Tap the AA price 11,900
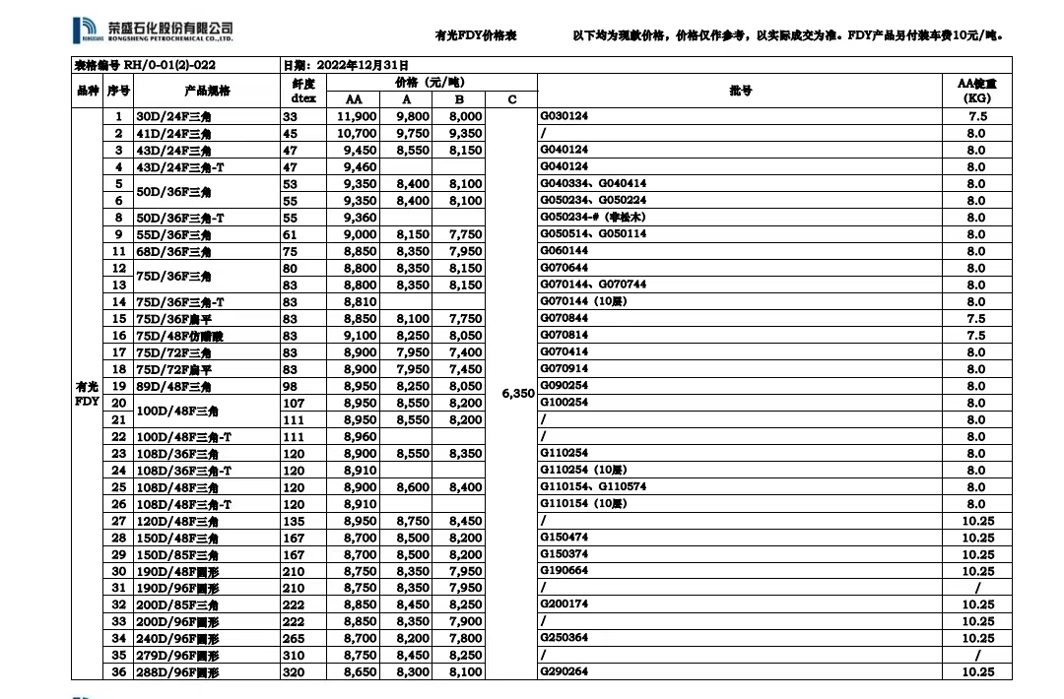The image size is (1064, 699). tap(356, 116)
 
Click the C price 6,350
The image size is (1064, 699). tap(517, 393)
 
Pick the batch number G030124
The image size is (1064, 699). tap(565, 116)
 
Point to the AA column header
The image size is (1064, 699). tap(354, 99)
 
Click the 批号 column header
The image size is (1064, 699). tap(741, 91)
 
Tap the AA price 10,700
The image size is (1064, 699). tap(356, 133)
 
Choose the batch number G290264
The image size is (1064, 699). tap(565, 671)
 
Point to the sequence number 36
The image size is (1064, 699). tap(119, 671)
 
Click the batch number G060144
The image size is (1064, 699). tap(565, 251)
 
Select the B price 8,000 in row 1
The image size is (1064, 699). tap(465, 116)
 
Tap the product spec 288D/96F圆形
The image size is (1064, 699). tap(178, 671)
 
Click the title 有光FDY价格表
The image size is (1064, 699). tap(476, 35)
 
